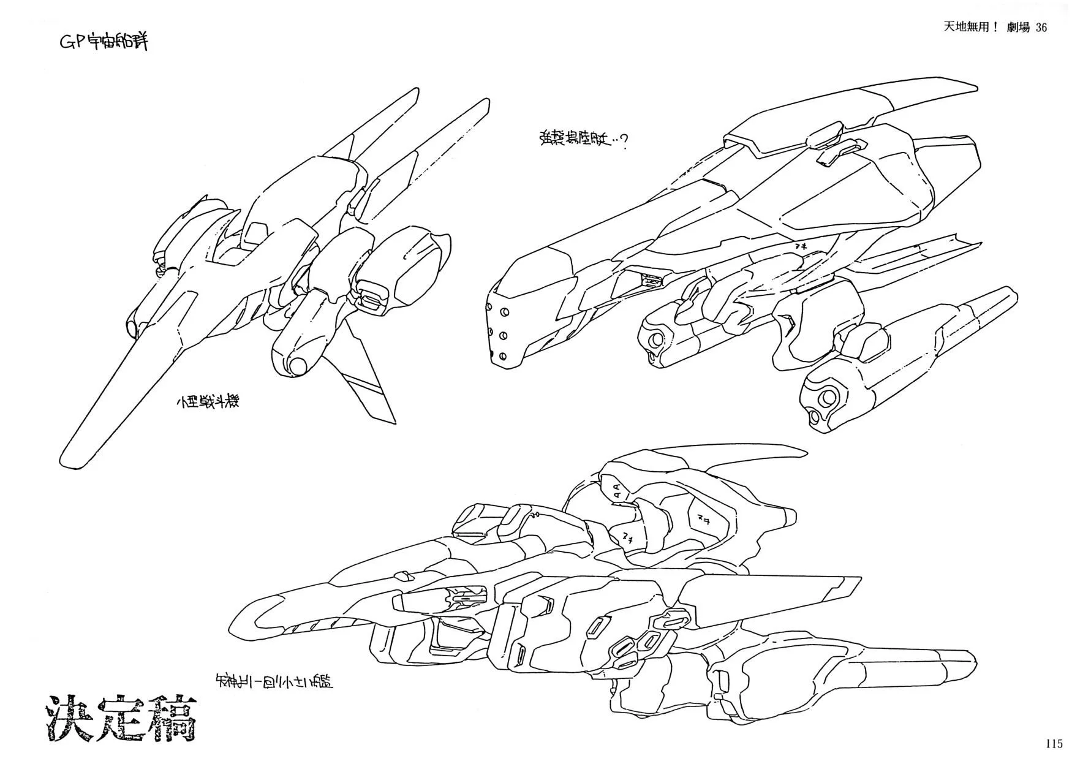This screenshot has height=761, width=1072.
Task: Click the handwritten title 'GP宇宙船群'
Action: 102,42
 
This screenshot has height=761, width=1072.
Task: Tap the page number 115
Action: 1054,744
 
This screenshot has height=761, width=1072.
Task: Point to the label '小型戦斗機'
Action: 206,403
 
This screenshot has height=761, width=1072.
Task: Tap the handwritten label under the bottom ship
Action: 274,680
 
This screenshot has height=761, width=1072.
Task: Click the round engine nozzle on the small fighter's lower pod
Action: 298,366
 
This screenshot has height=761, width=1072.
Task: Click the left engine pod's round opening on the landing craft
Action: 655,338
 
